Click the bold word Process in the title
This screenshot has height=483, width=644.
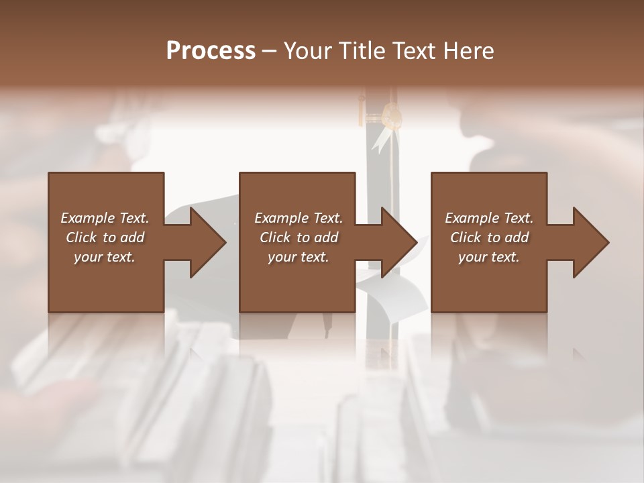pos(211,51)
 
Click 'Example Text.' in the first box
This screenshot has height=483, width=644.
pos(105,218)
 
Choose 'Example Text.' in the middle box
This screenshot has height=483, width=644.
pos(299,218)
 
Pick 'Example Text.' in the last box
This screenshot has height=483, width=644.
pos(489,218)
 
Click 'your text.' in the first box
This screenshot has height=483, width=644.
pos(105,257)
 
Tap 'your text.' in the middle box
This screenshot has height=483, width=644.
pos(299,257)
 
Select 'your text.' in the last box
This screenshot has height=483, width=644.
pos(489,257)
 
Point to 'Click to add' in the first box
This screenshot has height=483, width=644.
pos(105,237)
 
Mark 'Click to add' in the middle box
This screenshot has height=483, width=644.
pos(299,237)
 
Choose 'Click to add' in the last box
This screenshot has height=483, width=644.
pos(489,237)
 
